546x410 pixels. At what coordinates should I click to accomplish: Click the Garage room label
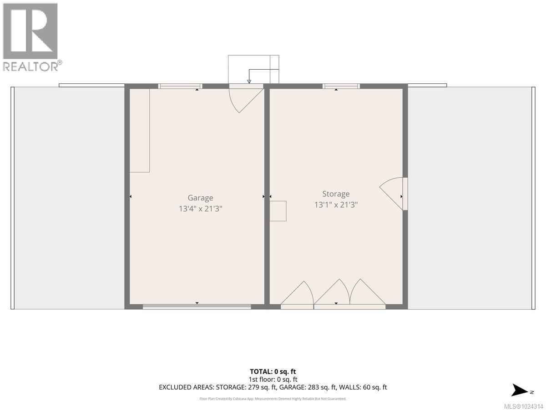200,198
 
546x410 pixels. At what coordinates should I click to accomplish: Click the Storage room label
336,194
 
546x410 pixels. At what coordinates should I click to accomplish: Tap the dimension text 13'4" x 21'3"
200,209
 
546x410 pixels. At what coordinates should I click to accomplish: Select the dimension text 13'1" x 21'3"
336,205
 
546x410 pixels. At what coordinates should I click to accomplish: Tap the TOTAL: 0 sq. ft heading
273,371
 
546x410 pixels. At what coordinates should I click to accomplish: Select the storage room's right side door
394,194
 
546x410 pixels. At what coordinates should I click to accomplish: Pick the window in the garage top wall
180,86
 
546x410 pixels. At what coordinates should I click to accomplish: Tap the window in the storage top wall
341,86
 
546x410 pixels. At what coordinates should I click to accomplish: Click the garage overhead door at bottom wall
197,307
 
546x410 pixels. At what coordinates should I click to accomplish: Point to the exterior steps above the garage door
253,69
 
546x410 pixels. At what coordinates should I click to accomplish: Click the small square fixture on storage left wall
278,211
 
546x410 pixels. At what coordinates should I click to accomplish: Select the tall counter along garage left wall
140,130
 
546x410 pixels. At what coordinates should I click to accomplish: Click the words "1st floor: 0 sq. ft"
273,379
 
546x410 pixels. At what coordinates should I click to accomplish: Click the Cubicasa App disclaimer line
273,399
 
